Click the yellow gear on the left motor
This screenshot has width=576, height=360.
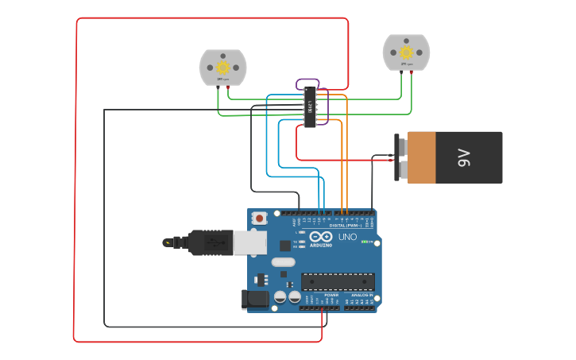pyautogui.click(x=222, y=67)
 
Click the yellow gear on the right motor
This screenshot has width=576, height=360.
pyautogui.click(x=406, y=52)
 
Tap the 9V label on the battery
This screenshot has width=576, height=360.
pyautogui.click(x=465, y=158)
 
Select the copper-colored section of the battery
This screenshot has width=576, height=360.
pyautogui.click(x=422, y=157)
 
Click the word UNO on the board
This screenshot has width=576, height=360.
pyautogui.click(x=348, y=237)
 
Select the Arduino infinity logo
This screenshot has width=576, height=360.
pyautogui.click(x=321, y=237)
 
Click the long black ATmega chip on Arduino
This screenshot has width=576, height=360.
pyautogui.click(x=338, y=281)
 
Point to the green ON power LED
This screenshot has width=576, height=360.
pyautogui.click(x=364, y=242)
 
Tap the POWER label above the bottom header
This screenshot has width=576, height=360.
pyautogui.click(x=331, y=295)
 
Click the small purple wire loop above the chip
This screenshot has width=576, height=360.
pyautogui.click(x=308, y=83)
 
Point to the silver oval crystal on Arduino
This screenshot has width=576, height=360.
pyautogui.click(x=283, y=261)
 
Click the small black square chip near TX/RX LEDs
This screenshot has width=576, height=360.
pyautogui.click(x=284, y=246)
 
